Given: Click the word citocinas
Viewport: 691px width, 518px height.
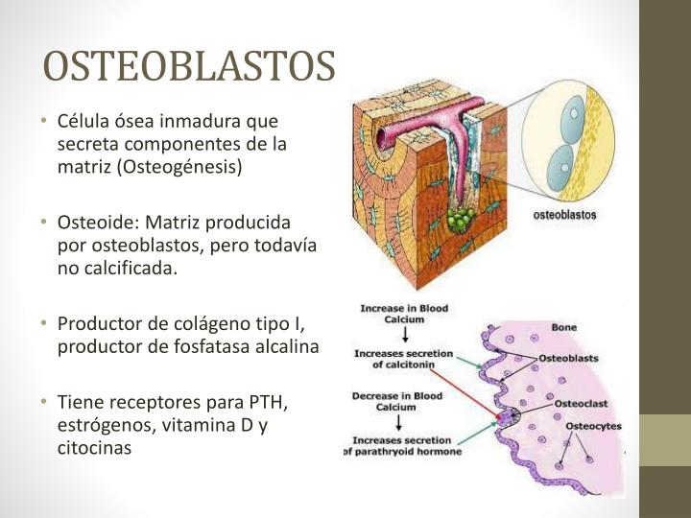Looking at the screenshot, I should pos(93,447).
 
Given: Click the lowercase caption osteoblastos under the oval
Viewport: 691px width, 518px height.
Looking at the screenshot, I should pos(564,215).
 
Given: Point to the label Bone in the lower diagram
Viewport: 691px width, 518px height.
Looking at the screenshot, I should pos(563,327).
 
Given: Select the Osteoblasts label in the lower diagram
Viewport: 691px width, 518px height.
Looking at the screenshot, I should pos(568,358).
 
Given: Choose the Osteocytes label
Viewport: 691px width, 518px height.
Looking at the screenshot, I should pos(592,425).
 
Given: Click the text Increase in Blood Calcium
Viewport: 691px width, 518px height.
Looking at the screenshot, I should pos(404,314).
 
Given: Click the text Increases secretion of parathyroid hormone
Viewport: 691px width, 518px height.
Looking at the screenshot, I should pos(403,446).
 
